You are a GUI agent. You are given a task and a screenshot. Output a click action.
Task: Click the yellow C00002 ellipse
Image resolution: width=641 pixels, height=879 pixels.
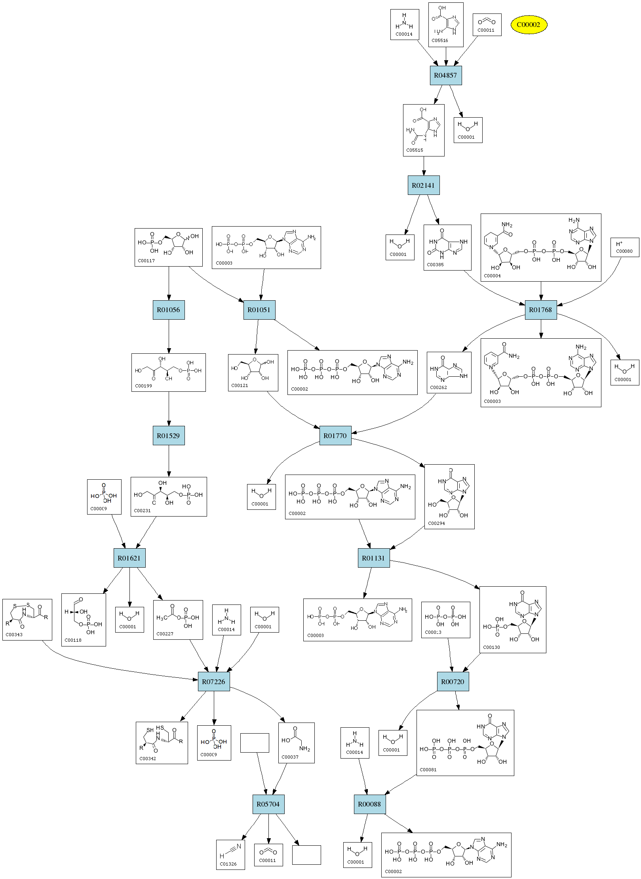coord(529,25)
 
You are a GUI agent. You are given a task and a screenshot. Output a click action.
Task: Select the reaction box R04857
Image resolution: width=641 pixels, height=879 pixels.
coord(446,75)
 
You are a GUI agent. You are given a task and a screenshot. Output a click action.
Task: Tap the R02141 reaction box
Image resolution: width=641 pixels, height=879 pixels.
coord(424,185)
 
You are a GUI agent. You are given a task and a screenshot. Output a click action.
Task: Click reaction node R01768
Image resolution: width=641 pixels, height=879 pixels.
coord(541,310)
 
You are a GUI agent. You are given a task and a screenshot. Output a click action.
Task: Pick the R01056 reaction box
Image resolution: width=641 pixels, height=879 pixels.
coord(169,310)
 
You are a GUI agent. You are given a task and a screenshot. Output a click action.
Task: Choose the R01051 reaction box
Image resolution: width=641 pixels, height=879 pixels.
coord(259,310)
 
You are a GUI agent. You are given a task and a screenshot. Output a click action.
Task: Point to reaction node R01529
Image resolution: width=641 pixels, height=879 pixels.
coord(169,436)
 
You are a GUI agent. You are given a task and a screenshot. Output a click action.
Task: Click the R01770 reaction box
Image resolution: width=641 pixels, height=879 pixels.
coord(335,436)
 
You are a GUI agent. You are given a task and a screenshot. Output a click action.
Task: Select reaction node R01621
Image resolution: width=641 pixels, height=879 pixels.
coord(129,558)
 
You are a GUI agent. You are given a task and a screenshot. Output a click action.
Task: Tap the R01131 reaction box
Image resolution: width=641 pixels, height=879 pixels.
coord(374,558)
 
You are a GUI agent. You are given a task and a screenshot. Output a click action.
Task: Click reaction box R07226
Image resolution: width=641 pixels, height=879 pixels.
coord(214,682)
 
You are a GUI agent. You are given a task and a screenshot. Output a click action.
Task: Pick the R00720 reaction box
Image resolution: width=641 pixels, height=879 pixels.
coord(453,682)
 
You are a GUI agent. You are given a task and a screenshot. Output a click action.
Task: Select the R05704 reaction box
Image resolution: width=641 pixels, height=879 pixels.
coord(268,804)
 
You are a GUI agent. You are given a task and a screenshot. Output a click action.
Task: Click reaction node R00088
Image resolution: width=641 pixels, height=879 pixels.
coord(370,804)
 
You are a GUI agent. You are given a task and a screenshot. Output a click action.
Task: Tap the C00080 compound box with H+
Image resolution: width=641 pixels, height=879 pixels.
coord(625,247)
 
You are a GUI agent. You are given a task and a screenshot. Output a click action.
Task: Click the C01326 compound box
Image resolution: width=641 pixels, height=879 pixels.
coord(230,855)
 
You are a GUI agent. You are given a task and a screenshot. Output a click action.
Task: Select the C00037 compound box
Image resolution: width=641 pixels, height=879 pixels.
coord(297,743)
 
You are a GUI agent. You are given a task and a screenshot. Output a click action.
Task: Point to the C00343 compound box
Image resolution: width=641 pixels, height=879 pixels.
coord(27,620)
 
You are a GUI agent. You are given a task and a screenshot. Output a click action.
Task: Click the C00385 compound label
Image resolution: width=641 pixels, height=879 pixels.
coord(436,265)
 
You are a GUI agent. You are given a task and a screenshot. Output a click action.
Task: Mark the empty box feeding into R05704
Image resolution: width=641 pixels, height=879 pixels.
coord(255,743)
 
